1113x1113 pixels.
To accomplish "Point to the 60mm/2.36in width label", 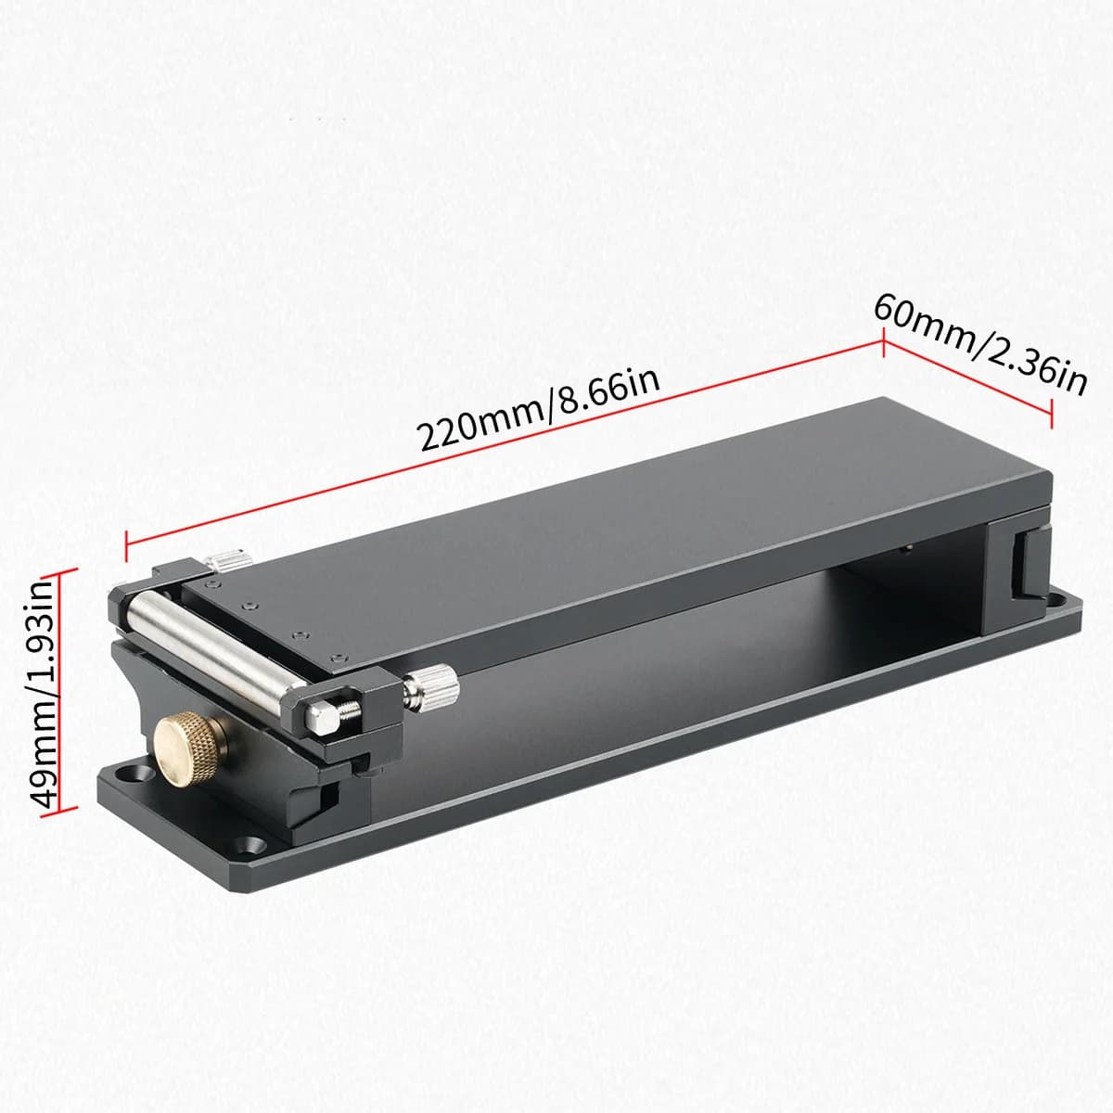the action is pyautogui.click(x=979, y=345).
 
